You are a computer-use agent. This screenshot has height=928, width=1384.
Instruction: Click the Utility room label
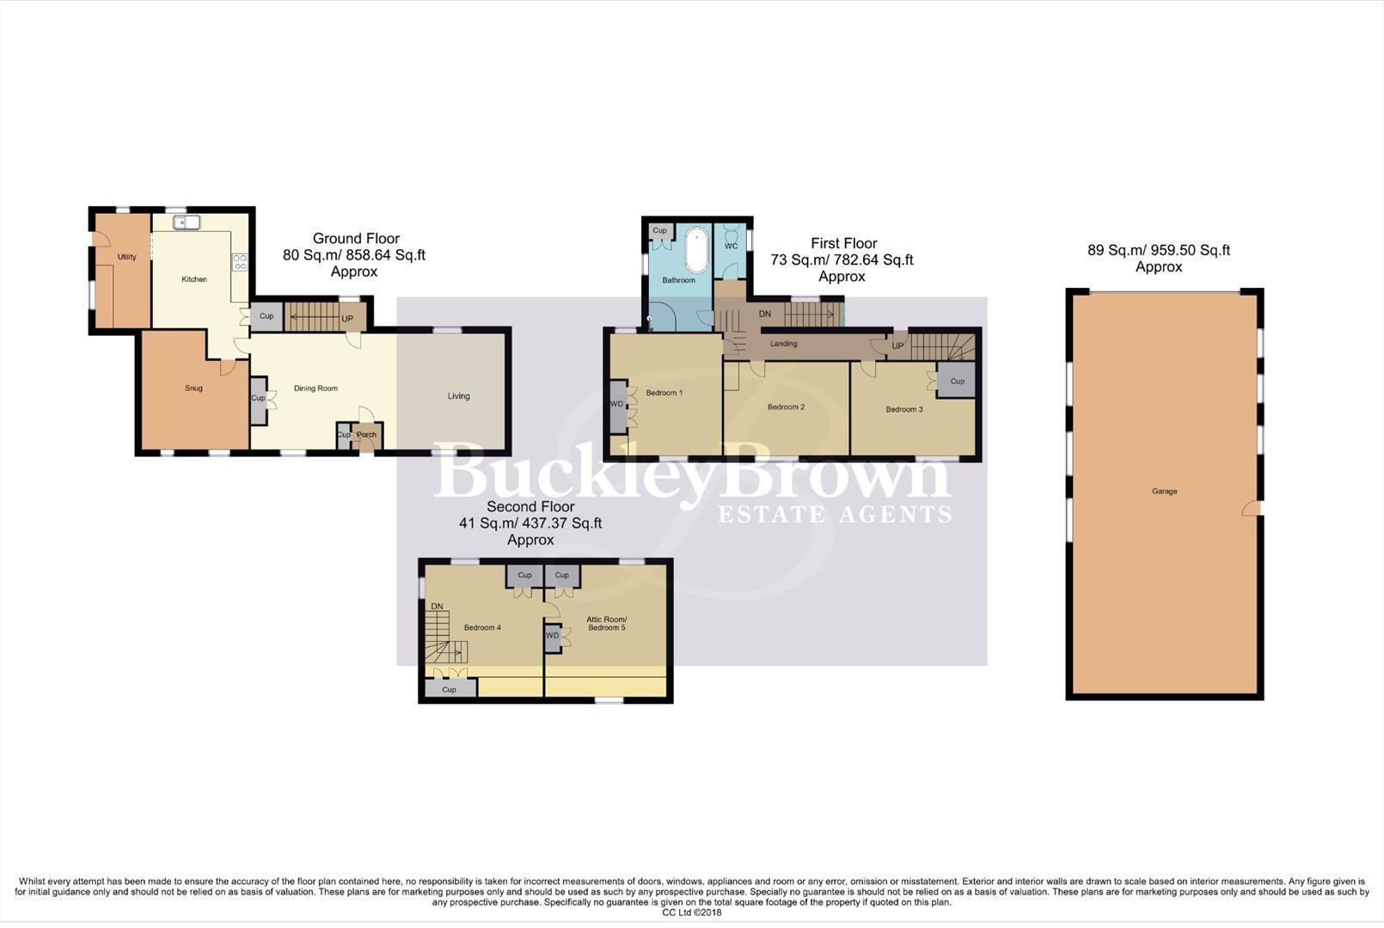127,257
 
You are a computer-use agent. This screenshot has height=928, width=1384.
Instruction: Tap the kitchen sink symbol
187,223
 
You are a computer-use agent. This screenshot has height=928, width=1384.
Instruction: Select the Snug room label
193,388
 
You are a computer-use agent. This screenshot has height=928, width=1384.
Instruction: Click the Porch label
366,435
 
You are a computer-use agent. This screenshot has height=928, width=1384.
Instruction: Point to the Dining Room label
315,388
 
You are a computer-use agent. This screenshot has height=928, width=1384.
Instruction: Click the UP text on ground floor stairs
347,319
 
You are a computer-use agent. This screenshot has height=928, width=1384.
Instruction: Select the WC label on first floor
731,247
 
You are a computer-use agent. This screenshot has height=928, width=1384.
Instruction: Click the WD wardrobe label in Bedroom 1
616,405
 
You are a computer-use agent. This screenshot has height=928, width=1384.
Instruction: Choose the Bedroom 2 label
786,407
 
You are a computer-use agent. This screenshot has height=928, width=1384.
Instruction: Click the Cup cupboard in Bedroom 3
957,382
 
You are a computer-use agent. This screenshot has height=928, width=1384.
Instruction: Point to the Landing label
783,344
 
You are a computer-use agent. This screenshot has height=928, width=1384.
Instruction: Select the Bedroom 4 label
482,628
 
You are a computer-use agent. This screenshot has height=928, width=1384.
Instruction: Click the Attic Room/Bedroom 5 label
606,624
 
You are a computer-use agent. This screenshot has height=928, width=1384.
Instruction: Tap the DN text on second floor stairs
437,607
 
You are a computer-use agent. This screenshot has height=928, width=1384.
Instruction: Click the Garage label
1164,491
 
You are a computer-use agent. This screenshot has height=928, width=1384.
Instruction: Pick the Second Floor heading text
530,507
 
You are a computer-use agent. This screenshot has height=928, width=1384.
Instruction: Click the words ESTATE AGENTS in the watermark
835,515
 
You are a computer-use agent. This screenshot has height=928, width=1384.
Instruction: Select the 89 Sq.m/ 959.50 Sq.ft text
1158,251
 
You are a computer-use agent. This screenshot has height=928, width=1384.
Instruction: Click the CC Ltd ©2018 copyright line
691,913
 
